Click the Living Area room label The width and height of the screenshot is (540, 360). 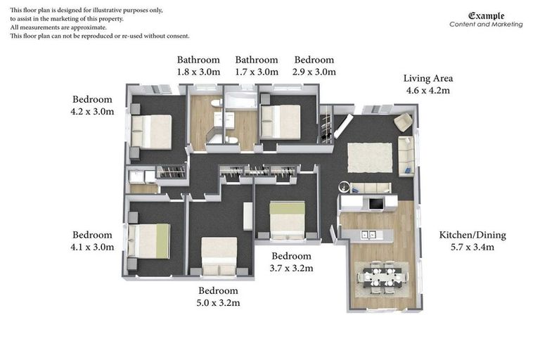click(x=427, y=78)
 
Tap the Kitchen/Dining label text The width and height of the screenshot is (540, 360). click(x=472, y=235)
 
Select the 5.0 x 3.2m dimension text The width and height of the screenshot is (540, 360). click(x=218, y=303)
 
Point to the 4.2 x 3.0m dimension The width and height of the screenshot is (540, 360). click(x=92, y=112)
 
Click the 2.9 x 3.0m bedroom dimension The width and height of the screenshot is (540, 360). click(x=314, y=72)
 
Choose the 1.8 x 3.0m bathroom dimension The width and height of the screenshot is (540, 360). click(x=198, y=72)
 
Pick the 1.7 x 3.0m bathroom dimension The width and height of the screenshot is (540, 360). click(x=257, y=72)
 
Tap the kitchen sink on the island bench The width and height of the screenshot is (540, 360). click(x=368, y=234)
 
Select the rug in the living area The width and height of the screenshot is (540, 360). click(x=370, y=157)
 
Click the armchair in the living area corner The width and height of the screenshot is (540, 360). click(x=403, y=122)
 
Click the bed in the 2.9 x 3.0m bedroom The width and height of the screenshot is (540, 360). click(x=281, y=121)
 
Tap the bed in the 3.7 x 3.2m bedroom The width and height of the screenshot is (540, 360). click(x=288, y=219)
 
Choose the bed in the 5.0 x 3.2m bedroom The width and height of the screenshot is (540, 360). click(x=219, y=255)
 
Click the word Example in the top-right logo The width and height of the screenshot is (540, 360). click(x=486, y=15)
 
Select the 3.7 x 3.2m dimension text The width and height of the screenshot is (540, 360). click(x=291, y=268)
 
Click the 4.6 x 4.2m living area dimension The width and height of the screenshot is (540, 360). click(x=427, y=90)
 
